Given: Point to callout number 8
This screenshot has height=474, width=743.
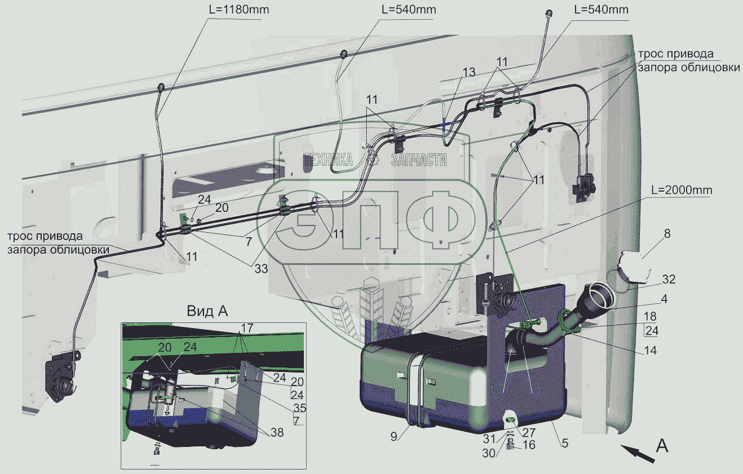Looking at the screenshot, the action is (667, 233).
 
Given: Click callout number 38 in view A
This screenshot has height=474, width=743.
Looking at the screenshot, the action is (276, 433).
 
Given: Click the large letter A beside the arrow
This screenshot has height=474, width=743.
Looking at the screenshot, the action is (662, 446).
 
